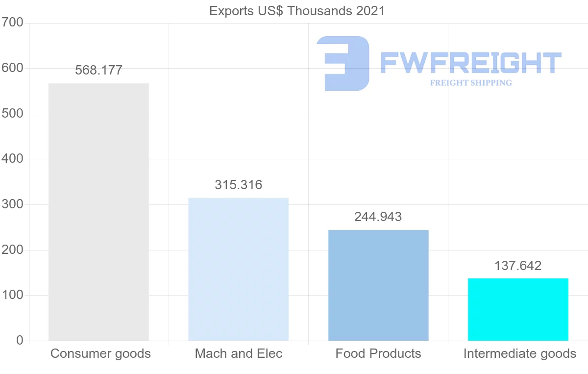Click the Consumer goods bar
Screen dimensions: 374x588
[x=98, y=212]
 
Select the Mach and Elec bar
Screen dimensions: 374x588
[x=239, y=269]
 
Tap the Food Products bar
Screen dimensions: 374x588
[x=378, y=285]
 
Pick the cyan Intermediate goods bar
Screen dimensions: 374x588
[x=518, y=309]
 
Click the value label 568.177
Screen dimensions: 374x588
[x=98, y=70]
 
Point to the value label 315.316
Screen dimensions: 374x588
[x=239, y=185]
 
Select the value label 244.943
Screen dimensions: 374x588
[x=378, y=217]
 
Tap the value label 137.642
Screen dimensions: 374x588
[x=518, y=266]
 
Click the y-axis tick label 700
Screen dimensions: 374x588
[x=12, y=23]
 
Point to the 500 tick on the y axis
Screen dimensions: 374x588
[x=12, y=114]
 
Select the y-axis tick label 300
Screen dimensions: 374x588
[x=12, y=204]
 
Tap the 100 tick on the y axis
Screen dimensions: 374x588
[x=12, y=295]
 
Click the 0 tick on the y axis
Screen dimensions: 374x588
[x=20, y=341]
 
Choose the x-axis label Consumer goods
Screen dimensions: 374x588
[x=100, y=353]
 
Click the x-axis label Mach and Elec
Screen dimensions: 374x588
[x=239, y=353]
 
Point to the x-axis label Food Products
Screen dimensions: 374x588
[x=378, y=353]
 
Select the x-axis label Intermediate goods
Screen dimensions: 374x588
[x=520, y=353]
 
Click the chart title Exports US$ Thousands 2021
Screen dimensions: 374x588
[x=297, y=11]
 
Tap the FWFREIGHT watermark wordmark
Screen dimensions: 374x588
[x=470, y=63]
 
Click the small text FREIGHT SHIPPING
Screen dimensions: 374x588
[x=471, y=83]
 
